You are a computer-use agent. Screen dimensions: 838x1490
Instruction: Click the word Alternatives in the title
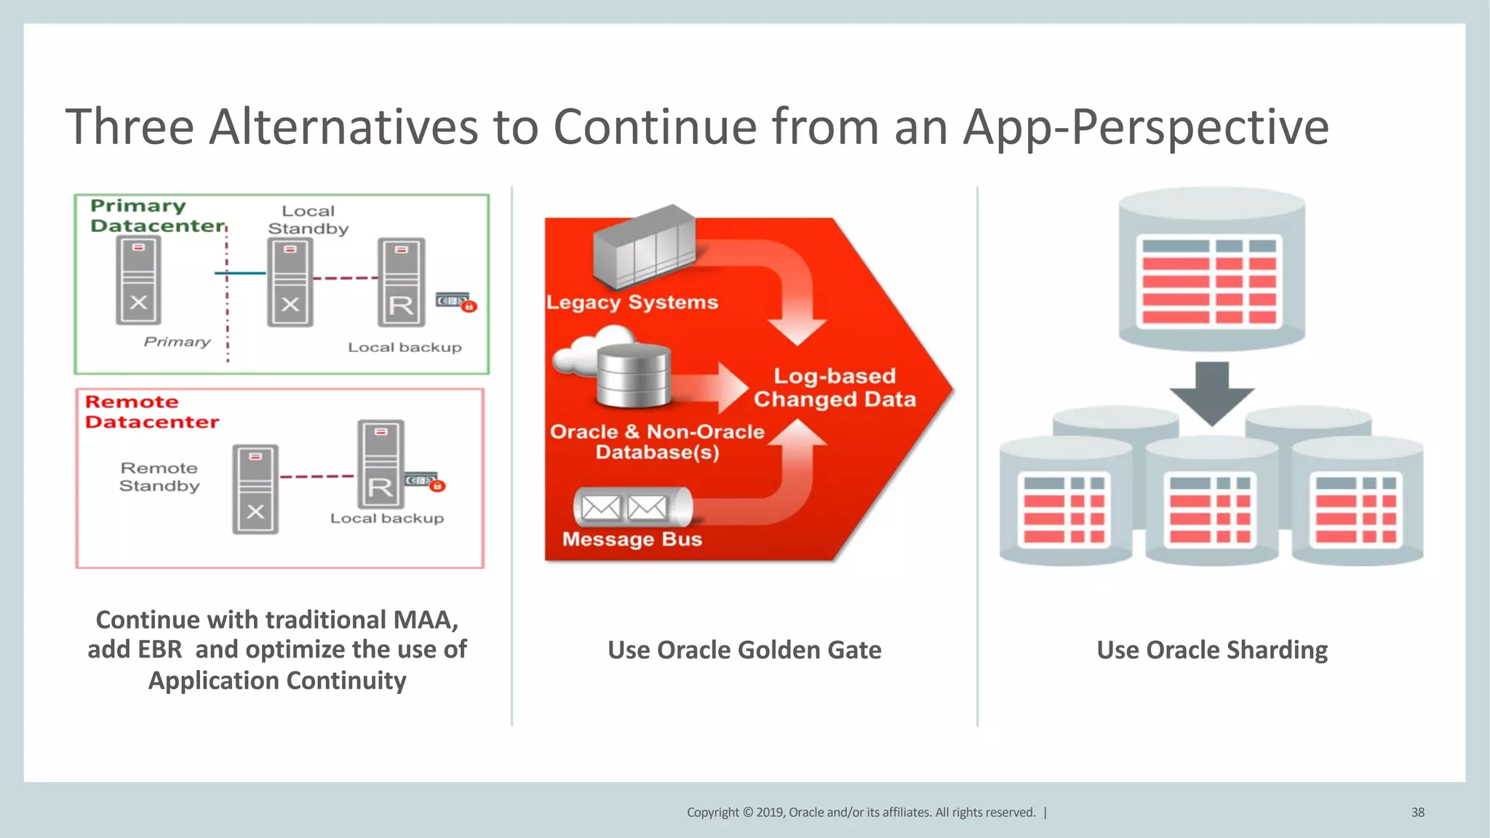tap(344, 127)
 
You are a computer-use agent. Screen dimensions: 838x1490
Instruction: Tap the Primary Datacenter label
tap(156, 216)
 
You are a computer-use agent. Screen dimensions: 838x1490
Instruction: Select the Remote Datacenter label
tap(151, 412)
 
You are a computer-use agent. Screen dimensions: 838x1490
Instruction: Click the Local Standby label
tap(308, 220)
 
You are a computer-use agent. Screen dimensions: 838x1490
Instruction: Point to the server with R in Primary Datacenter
tap(401, 282)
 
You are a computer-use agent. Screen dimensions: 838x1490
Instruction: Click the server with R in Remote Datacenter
tap(381, 464)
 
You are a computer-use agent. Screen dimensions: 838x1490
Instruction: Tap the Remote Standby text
tap(159, 476)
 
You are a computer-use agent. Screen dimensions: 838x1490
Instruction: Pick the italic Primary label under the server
tap(177, 342)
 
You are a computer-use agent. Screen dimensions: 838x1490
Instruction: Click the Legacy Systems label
tap(632, 302)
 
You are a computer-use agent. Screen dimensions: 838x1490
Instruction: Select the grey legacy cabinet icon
tap(644, 247)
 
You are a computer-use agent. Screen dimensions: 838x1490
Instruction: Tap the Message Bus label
tap(632, 539)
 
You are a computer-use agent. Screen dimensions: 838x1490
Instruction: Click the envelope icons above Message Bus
tap(624, 507)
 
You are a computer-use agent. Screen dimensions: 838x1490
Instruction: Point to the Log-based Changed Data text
tap(834, 388)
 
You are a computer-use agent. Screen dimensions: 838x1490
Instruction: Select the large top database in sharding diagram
tap(1211, 269)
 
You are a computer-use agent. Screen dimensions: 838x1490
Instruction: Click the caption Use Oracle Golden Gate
tap(744, 650)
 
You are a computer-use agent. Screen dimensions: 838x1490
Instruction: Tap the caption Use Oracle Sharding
tap(1212, 650)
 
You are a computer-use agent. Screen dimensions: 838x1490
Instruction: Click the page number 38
tap(1417, 813)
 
